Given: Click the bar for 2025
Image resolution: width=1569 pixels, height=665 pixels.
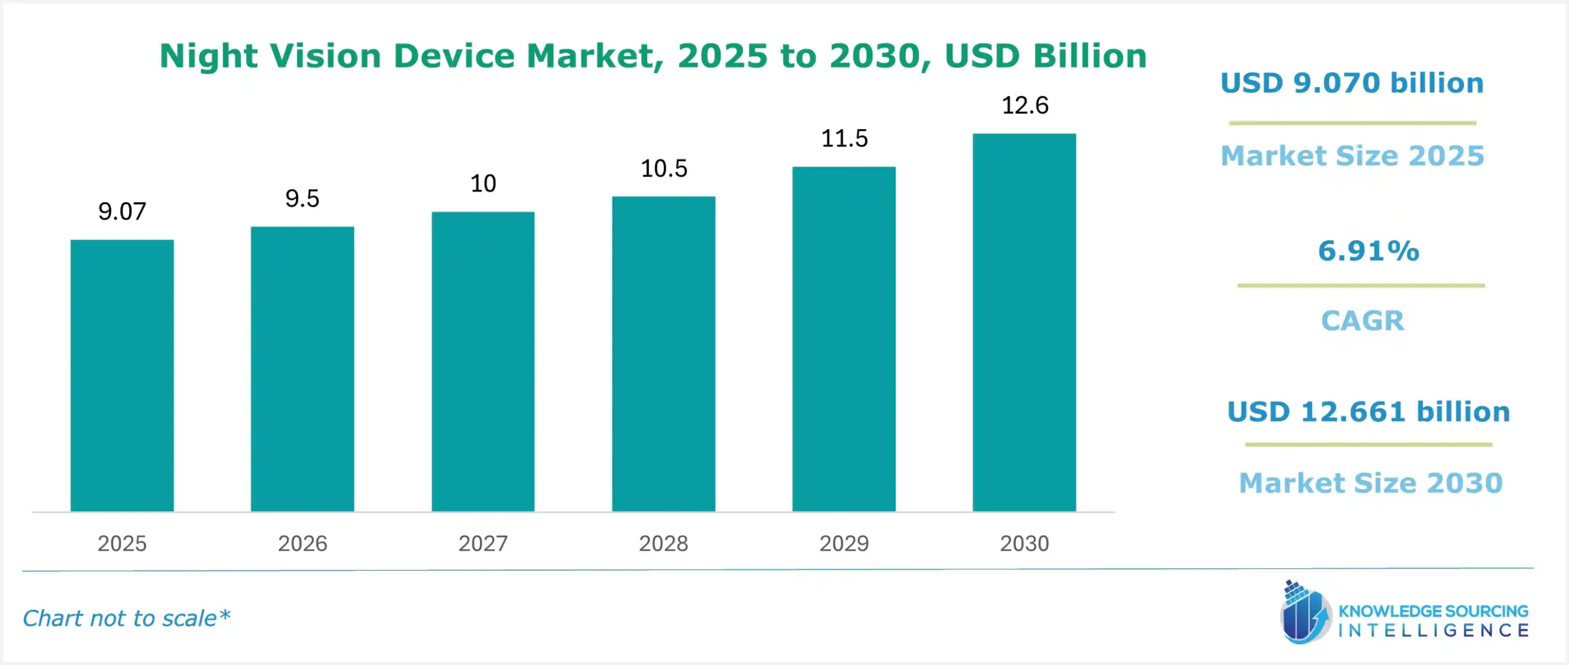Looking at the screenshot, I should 122,375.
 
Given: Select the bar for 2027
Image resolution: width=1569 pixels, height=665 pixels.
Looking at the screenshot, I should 483,362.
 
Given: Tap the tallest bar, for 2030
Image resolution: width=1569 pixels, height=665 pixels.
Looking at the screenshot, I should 1024,322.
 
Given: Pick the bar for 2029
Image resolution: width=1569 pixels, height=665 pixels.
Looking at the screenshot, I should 844,339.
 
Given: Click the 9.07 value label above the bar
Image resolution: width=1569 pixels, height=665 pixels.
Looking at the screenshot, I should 122,211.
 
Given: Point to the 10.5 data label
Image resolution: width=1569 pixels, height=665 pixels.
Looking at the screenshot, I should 664,169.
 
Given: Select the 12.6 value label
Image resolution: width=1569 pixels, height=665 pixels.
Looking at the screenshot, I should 1025,105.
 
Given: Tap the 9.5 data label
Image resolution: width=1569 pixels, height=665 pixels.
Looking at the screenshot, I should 302,199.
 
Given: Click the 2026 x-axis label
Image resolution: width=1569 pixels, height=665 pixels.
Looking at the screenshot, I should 303,544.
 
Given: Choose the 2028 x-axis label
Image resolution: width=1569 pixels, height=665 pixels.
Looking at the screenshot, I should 664,544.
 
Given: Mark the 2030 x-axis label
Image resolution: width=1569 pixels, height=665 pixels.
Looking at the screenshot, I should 1025,544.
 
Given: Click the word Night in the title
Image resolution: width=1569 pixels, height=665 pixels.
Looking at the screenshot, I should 209,56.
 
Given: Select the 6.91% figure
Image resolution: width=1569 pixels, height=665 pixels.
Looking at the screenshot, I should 1369,251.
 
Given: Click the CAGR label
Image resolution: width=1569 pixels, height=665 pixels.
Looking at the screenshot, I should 1362,321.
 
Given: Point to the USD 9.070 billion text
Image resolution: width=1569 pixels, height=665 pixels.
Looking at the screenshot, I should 1352,83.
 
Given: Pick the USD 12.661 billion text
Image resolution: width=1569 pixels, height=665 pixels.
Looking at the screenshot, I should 1369,412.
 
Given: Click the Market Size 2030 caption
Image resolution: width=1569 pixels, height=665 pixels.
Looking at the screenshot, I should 1371,483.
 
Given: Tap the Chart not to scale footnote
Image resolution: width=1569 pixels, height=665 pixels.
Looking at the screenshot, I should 126,618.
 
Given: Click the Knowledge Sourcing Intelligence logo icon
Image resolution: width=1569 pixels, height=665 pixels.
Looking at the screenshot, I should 1304,613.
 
